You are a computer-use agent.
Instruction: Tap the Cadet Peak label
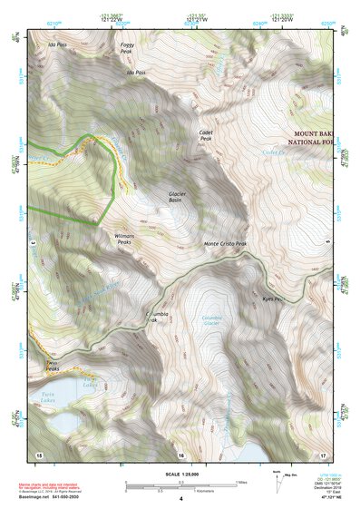(206, 135)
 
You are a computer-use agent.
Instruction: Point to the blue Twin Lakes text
(43, 396)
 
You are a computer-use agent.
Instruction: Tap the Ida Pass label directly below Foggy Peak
(136, 73)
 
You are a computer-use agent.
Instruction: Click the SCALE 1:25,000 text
(180, 475)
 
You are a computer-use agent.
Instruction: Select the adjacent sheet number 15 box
(39, 453)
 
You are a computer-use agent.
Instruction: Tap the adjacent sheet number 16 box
(180, 454)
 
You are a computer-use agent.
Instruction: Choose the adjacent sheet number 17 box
(323, 453)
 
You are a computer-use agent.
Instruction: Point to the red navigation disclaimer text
(56, 486)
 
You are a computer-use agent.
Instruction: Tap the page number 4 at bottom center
(180, 498)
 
